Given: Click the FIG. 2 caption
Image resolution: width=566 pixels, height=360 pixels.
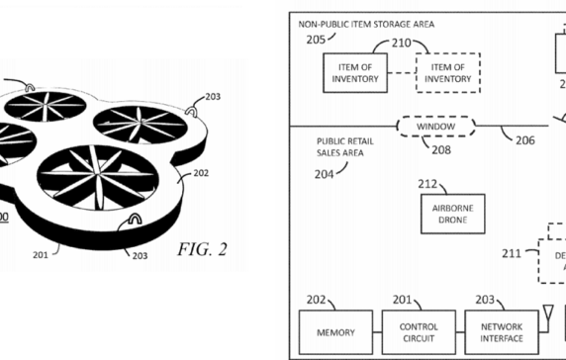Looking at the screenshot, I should click(202, 249).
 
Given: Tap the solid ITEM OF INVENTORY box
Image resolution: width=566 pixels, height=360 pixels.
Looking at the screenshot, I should click(354, 73).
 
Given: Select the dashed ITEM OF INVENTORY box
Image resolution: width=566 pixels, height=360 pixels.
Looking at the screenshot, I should click(448, 73).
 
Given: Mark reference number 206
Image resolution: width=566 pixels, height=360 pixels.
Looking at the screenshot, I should click(524, 140).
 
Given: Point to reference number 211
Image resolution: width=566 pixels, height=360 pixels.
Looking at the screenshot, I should click(513, 254).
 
